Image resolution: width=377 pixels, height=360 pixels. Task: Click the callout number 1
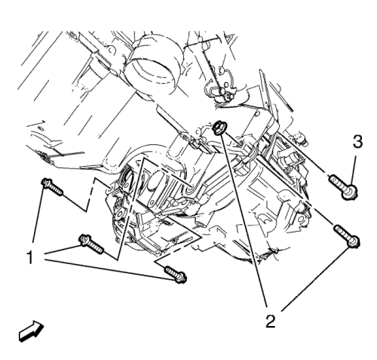30,257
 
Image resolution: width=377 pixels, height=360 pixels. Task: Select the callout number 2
271,321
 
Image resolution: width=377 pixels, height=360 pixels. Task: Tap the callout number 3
357,142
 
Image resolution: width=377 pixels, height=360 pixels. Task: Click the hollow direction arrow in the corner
31,331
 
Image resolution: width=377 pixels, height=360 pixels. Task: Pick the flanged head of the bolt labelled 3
351,192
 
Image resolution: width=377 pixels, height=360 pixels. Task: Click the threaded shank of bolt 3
338,182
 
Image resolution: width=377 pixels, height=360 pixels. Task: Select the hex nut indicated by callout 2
219,127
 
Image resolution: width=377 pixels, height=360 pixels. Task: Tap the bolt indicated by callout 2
347,236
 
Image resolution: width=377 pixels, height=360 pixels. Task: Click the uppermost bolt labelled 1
52,187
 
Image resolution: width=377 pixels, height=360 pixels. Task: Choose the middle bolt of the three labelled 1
91,245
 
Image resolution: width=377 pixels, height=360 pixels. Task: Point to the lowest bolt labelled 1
176,275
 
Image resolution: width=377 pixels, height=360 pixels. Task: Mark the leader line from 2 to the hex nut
244,221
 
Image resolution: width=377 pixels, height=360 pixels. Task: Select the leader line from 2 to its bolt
316,278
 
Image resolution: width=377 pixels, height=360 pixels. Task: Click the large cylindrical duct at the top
155,66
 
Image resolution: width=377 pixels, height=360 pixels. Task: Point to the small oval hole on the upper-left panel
40,128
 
